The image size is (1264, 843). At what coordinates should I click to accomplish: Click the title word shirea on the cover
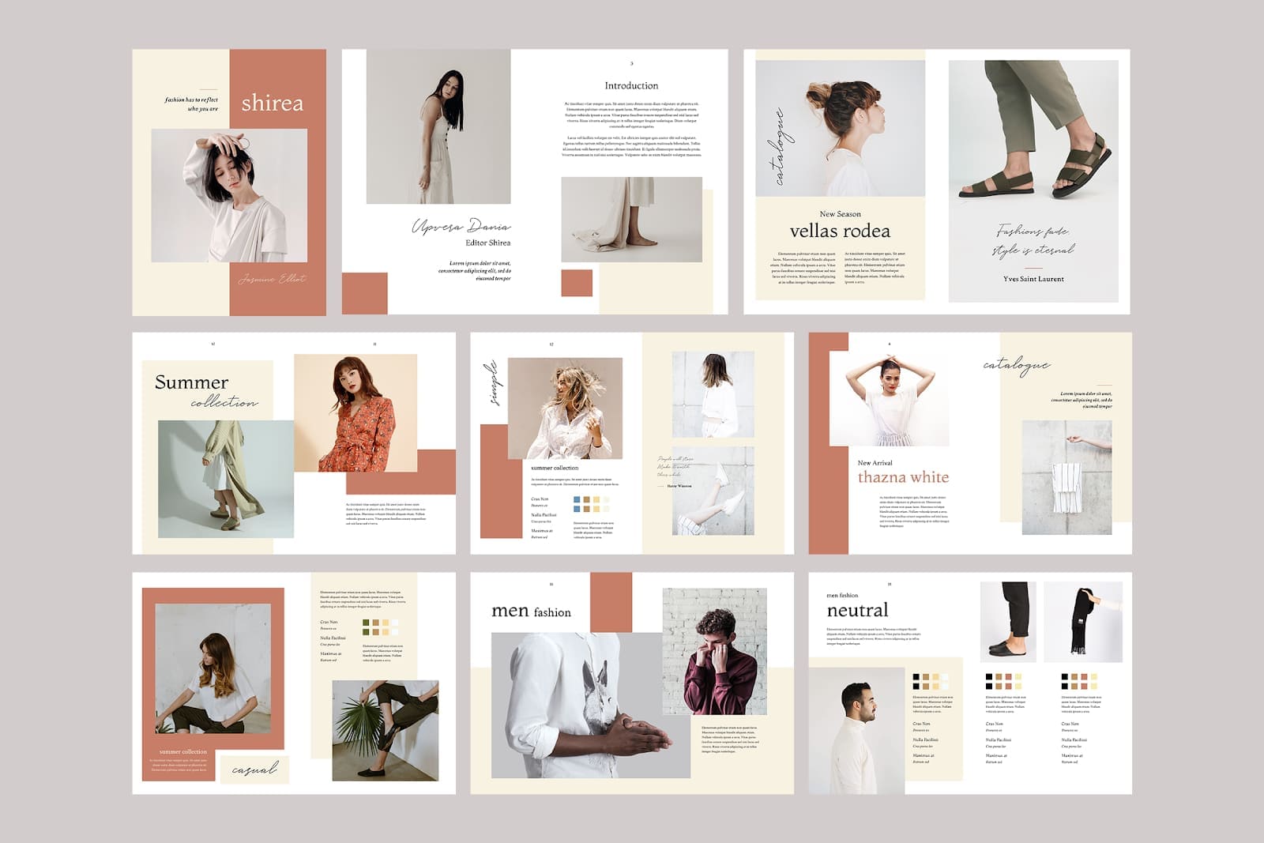coord(272,103)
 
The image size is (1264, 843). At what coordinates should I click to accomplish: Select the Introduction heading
coord(631,85)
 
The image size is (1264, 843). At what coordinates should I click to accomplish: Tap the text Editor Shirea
coord(487,243)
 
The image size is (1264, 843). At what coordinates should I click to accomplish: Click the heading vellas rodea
coord(840,231)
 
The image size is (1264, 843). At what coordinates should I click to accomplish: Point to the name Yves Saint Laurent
coord(1033,279)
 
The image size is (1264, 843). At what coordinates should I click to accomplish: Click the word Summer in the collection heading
coord(191,382)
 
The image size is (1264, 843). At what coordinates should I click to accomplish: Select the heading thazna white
coord(903,477)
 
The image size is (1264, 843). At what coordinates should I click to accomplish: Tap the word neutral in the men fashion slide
coord(857,610)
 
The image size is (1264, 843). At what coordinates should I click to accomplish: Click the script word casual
coord(254,769)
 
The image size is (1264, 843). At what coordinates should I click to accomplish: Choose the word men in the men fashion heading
coord(510,611)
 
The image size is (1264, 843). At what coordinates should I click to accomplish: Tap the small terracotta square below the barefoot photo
coord(577,283)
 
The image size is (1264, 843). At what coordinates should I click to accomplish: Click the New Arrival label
coord(875,463)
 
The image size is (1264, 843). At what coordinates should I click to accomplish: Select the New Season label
coord(840,214)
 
